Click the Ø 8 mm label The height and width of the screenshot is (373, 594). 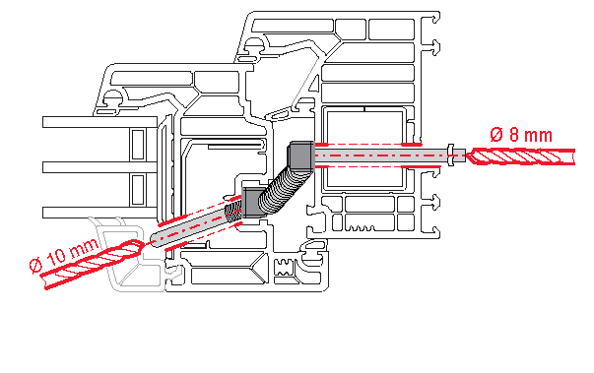(521, 134)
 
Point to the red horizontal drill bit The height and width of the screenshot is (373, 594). (521, 156)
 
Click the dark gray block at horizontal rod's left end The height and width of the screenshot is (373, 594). (301, 155)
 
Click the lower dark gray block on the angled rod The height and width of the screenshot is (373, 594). (252, 202)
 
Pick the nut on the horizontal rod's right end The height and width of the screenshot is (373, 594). (450, 155)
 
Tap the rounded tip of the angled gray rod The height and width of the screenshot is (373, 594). (156, 240)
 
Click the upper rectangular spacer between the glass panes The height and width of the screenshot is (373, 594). (138, 144)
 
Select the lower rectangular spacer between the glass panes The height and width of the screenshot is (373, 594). (138, 190)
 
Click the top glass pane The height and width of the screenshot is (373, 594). (99, 122)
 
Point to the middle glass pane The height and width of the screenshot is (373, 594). (99, 167)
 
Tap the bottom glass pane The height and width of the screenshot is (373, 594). (99, 213)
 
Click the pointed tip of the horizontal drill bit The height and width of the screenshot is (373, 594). (467, 156)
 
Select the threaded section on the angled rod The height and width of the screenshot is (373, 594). (233, 212)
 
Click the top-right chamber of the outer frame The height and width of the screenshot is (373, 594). (391, 30)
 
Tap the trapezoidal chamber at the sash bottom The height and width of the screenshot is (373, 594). (228, 276)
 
